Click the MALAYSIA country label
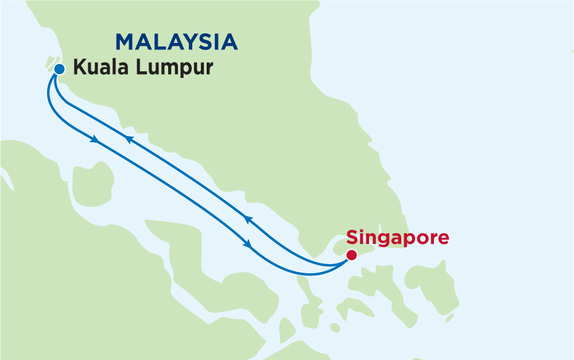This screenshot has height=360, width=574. [177, 42]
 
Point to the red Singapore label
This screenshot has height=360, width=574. [397, 238]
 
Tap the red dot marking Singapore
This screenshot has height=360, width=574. [351, 255]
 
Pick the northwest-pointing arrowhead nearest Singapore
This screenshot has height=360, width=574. [248, 219]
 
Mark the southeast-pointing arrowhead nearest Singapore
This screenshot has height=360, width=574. [248, 243]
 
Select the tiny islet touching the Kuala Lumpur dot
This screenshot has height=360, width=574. [51, 63]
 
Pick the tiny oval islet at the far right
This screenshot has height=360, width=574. [449, 318]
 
